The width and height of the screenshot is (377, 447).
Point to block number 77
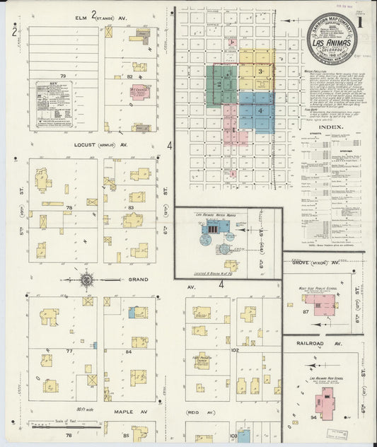pos(69,351)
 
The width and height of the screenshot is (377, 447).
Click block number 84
pos(129,351)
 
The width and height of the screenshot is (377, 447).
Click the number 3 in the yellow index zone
pos(261,71)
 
